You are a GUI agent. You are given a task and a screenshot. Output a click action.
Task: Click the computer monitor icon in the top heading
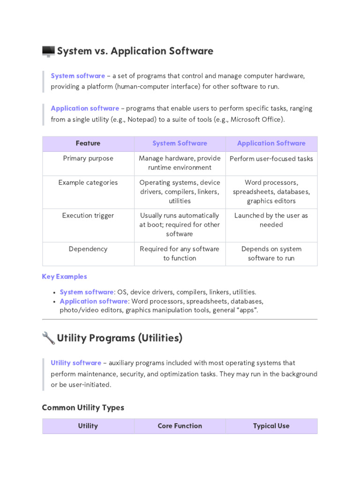point(48,51)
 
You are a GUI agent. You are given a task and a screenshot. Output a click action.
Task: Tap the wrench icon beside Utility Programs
point(48,337)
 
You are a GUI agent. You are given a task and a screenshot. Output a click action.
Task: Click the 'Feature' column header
point(88,143)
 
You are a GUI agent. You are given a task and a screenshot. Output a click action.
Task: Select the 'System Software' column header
point(180,143)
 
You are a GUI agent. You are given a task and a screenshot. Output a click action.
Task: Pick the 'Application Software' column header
point(271,143)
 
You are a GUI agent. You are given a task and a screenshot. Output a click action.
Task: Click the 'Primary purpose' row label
point(88,158)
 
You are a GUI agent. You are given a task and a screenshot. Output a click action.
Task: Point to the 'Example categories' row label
point(88,182)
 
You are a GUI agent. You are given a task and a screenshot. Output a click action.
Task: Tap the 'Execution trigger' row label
point(88,216)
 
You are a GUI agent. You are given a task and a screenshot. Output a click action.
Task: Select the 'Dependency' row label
point(88,249)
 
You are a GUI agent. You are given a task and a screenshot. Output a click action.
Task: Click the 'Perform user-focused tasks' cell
point(271,158)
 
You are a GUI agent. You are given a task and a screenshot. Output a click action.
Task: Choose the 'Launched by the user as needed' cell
point(271,220)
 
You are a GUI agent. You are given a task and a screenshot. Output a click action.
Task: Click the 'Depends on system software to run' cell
point(271,253)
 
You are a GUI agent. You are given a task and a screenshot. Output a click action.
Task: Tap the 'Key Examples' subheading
point(64,277)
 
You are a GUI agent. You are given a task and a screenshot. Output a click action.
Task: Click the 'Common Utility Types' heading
point(83,407)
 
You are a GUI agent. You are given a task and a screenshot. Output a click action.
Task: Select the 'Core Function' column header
point(180,426)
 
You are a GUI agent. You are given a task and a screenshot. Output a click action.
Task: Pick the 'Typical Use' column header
point(271,426)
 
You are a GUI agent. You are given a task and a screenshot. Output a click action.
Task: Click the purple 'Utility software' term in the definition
point(76,363)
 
